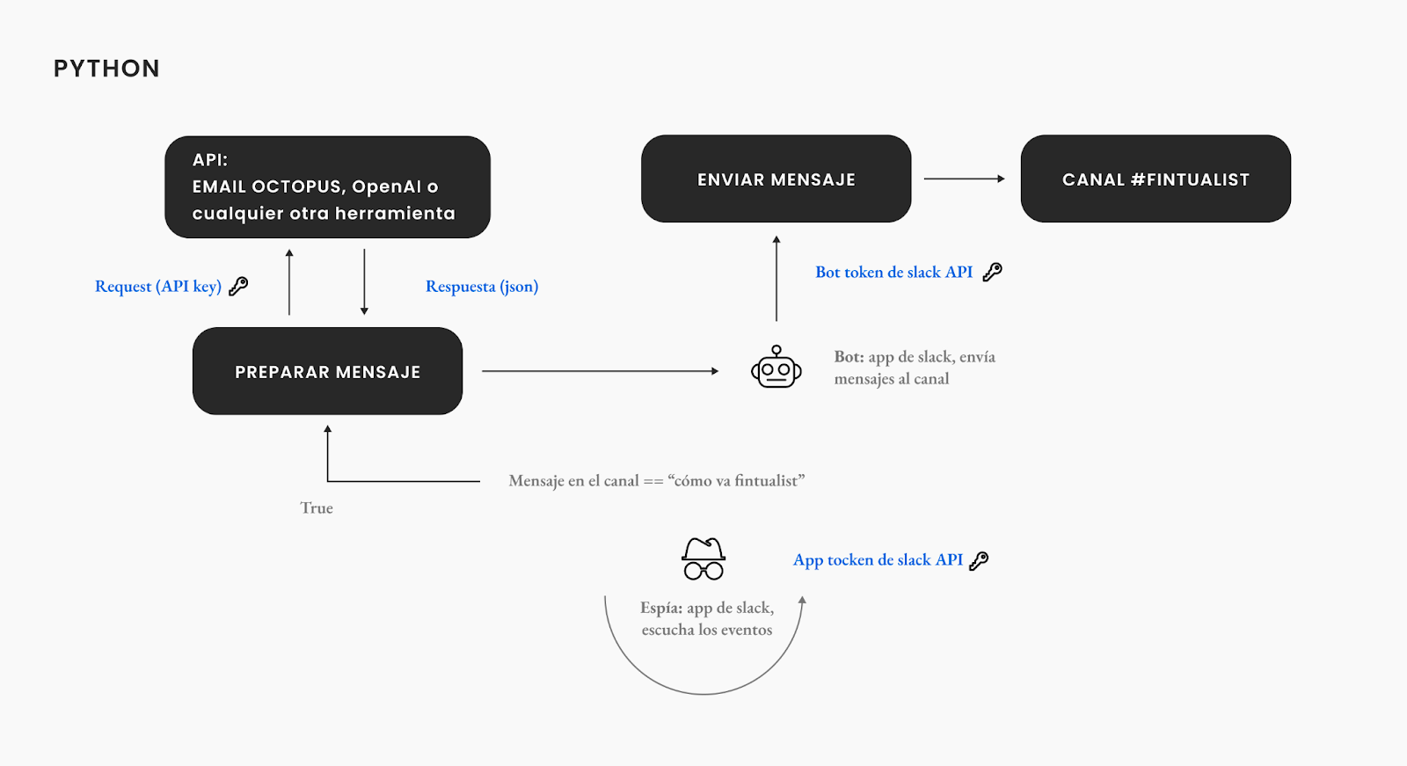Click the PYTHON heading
(x=106, y=69)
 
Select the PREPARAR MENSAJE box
(x=327, y=371)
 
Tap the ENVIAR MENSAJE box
(x=776, y=179)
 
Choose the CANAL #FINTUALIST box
(x=1155, y=179)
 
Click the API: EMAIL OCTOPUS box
(x=327, y=187)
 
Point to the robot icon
(x=776, y=367)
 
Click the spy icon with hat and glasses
(x=703, y=558)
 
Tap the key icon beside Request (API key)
(x=238, y=286)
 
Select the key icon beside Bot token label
(x=993, y=272)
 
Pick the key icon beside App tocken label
(x=979, y=560)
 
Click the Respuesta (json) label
(x=482, y=287)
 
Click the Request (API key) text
(x=158, y=287)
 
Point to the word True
(x=317, y=507)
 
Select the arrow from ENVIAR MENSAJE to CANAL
(x=964, y=179)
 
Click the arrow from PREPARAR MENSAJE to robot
(x=600, y=371)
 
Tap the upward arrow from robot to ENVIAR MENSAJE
(x=776, y=279)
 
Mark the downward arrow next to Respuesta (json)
(x=364, y=281)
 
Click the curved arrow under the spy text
(x=703, y=694)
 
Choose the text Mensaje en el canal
(x=573, y=481)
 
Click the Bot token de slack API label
(x=893, y=272)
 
